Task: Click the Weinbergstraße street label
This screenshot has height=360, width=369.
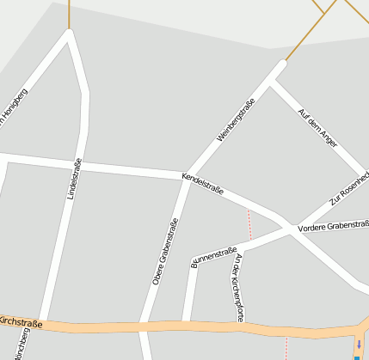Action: pos(236,121)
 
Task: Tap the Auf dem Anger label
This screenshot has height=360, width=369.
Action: pos(317,128)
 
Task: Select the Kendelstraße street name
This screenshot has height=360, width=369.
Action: pos(202,183)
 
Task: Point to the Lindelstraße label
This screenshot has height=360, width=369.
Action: pos(75,180)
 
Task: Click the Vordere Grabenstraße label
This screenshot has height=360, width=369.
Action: pos(333,227)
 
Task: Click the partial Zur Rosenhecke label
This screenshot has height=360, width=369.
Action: pos(349,189)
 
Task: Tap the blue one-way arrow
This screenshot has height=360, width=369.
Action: pos(359,345)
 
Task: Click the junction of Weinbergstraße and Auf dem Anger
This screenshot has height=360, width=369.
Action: pos(274,77)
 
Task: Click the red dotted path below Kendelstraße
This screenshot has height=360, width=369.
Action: pos(250,223)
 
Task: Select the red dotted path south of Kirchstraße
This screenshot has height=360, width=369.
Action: pos(286,348)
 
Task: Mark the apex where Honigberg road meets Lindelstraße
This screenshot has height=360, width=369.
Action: pos(70,34)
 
